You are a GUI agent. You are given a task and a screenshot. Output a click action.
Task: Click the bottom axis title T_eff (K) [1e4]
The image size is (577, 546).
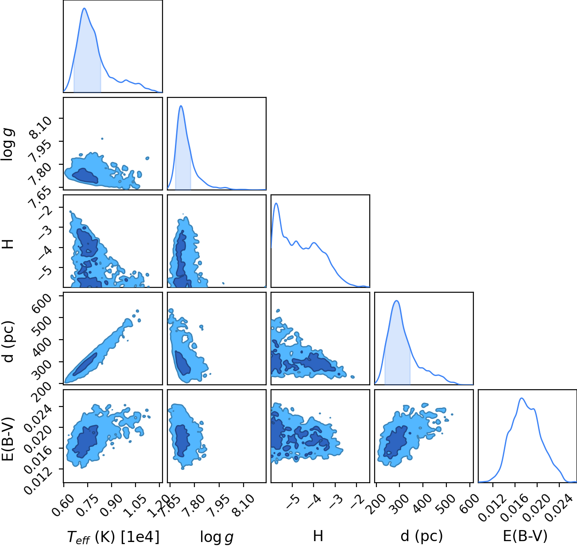113,537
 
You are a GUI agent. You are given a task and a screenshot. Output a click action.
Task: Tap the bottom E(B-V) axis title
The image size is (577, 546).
525,536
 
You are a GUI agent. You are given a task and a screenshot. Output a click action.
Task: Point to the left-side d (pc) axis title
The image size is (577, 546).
9,342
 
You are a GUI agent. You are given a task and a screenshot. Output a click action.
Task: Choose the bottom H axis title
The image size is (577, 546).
318,536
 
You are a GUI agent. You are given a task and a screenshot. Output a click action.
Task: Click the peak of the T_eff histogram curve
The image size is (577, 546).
84,8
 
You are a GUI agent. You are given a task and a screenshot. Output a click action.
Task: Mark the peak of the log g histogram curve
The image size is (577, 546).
181,106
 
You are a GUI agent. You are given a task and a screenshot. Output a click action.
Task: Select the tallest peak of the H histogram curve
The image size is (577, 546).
276,203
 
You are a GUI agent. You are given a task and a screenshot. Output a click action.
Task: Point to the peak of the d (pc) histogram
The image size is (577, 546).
396,301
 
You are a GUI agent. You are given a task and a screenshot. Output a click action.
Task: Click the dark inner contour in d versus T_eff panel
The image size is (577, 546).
85,364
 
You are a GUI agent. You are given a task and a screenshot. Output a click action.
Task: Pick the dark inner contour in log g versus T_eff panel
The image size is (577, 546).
85,176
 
